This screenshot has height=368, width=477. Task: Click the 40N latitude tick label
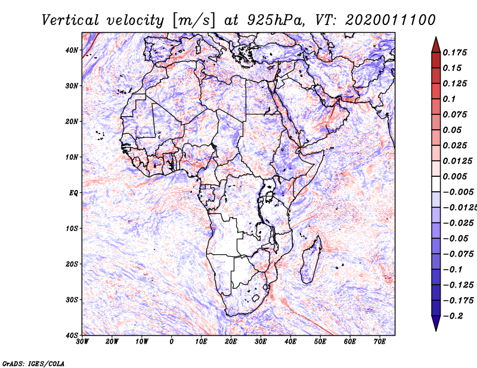click(72, 50)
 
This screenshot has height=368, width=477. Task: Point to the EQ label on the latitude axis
click(73, 193)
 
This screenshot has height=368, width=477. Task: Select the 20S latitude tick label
click(72, 264)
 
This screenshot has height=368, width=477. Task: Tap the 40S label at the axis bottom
click(72, 335)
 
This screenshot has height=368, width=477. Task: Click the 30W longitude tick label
click(82, 342)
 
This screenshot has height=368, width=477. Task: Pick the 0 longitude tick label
click(172, 342)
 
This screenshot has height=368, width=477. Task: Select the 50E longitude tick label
click(320, 342)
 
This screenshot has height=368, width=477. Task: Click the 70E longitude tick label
click(380, 342)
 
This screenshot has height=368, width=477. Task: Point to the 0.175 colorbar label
click(455, 52)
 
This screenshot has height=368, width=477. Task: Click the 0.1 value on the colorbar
click(450, 99)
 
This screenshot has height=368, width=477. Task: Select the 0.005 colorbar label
click(455, 176)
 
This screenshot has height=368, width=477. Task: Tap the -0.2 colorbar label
click(453, 316)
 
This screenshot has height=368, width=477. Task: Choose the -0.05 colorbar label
click(456, 239)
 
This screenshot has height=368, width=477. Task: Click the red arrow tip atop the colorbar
click(436, 37)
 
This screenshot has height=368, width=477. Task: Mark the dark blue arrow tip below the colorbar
click(436, 330)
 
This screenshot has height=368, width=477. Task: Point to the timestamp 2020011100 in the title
click(391, 20)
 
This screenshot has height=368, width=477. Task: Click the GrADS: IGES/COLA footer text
click(33, 364)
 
